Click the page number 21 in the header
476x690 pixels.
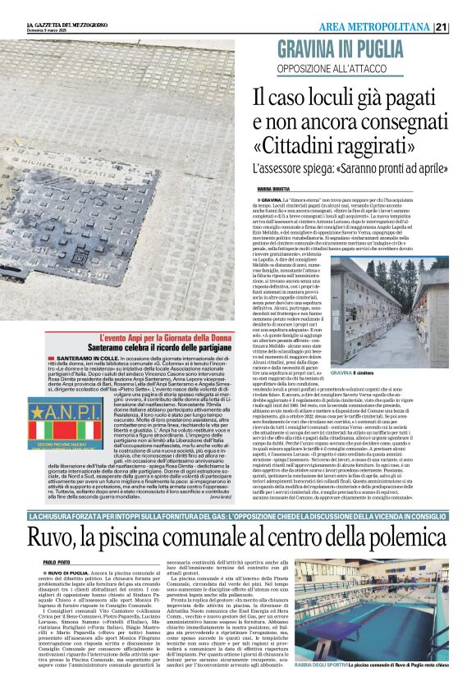coord(464,27)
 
